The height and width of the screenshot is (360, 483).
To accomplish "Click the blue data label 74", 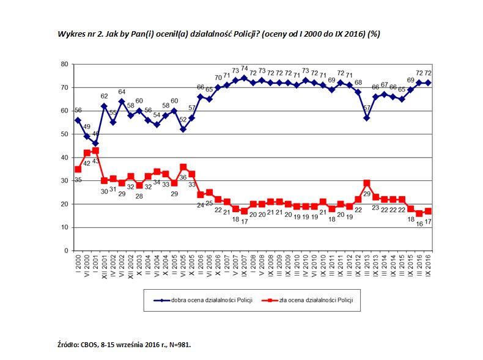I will pyautogui.click(x=244, y=68).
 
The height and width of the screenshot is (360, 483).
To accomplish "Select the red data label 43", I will pyautogui.click(x=95, y=161).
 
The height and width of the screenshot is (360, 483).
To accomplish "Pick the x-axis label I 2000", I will pyautogui.click(x=78, y=265).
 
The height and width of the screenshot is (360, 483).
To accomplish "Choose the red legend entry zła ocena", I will pyautogui.click(x=314, y=300).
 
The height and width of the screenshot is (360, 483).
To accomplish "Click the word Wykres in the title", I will pyautogui.click(x=69, y=34).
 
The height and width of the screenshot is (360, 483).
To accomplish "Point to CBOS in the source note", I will pyautogui.click(x=90, y=345).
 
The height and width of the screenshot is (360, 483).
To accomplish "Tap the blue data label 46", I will pyautogui.click(x=95, y=134).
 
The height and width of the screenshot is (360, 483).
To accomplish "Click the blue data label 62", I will pyautogui.click(x=104, y=96).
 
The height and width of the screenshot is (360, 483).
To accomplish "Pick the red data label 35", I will pyautogui.click(x=78, y=180).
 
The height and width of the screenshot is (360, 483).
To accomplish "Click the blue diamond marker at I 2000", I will pyautogui.click(x=78, y=120).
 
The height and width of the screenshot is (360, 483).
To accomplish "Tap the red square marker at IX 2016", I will pyautogui.click(x=429, y=211).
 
